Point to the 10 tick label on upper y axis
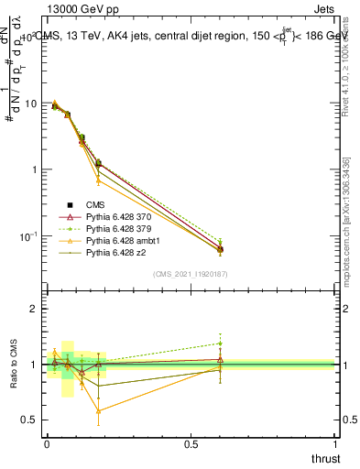(30, 104)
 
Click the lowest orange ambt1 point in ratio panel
(98, 411)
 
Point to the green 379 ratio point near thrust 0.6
(220, 344)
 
